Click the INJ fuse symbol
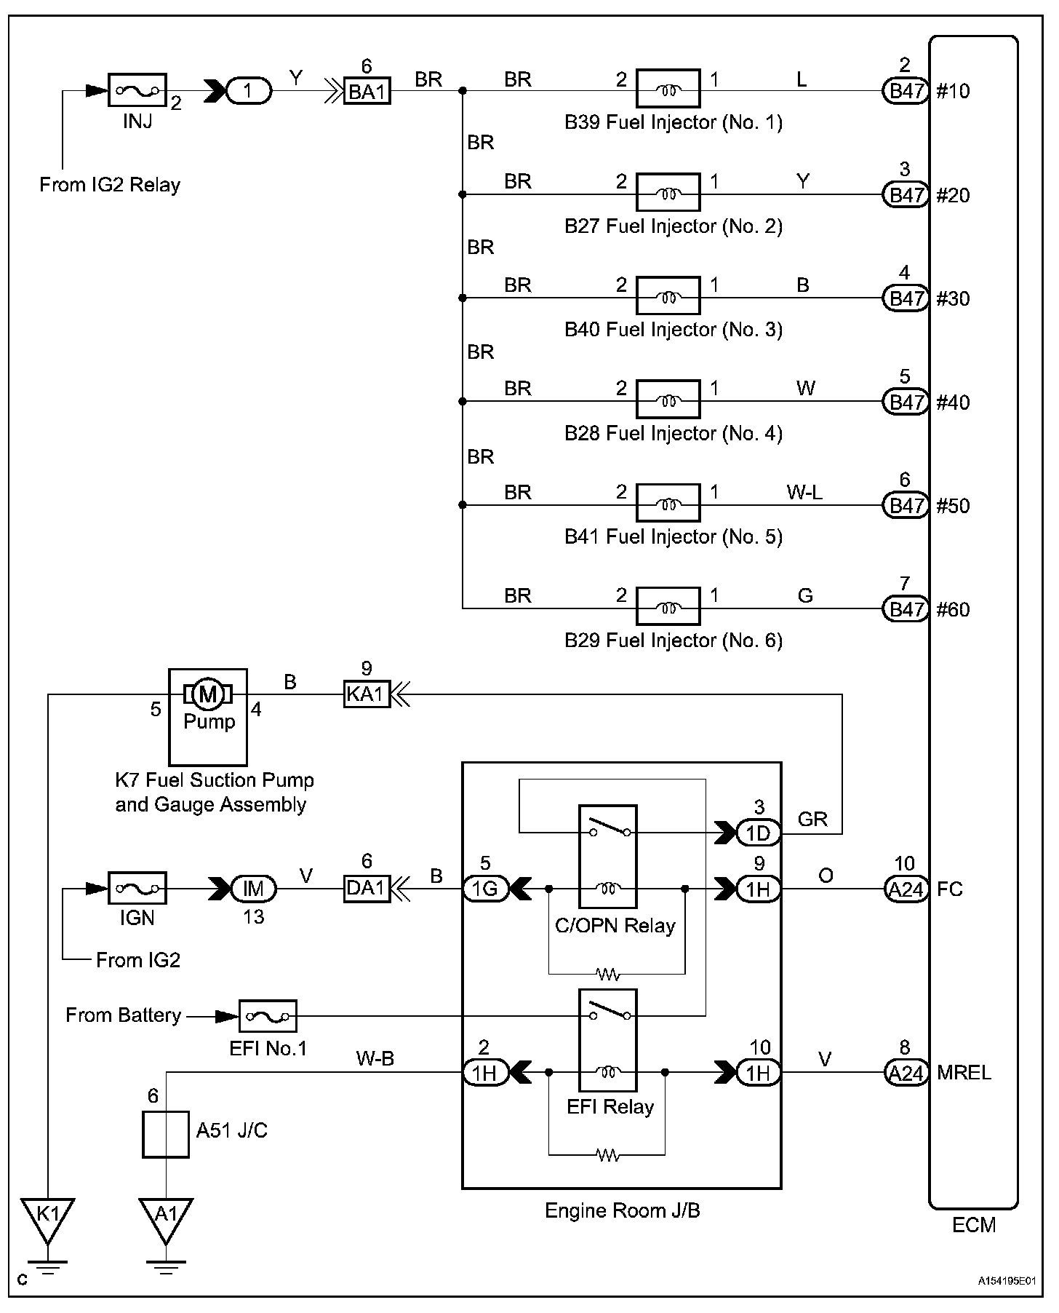137,91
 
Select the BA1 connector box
367,92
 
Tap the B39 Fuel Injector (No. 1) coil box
668,90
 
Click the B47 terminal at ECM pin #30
906,298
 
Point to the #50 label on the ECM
954,506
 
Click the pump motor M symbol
208,694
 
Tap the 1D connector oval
758,833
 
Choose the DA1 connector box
367,889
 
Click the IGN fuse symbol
137,889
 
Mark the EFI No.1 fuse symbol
268,1016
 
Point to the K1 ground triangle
47,1218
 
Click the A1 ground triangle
166,1218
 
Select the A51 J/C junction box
165,1134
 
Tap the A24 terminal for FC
906,889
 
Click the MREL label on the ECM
964,1073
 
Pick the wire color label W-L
804,493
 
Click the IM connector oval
253,889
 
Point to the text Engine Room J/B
622,1210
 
